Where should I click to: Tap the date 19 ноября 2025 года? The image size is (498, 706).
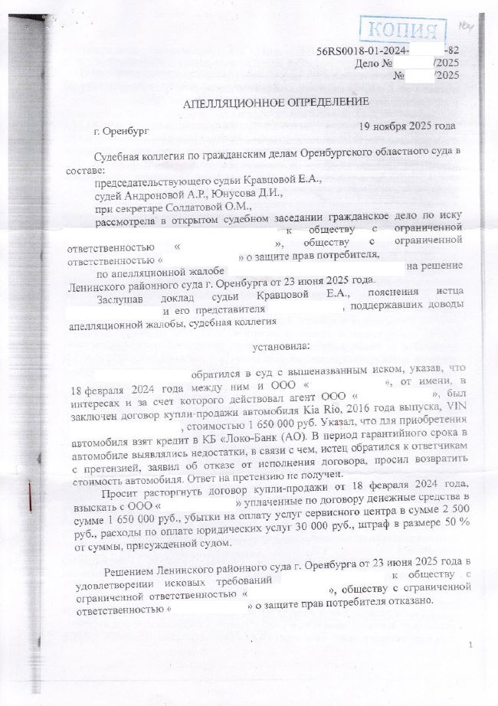coord(408,126)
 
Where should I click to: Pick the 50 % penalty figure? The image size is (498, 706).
coord(453,528)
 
